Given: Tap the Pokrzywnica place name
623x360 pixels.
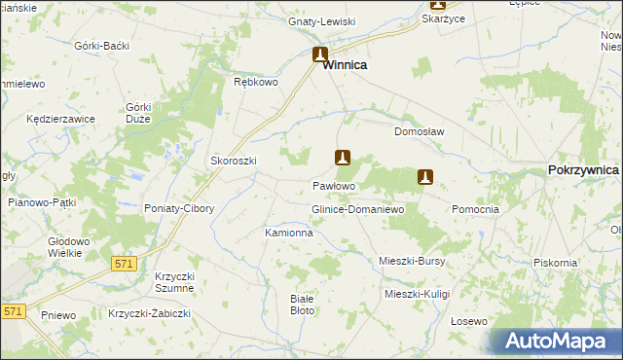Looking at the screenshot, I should coord(583,169).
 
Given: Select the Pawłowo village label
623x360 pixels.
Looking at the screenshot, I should coord(333,185).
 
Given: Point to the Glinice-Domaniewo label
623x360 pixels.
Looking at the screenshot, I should coord(357,210).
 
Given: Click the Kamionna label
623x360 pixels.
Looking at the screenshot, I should coord(289,234).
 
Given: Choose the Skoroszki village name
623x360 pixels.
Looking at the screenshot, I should coord(234,162).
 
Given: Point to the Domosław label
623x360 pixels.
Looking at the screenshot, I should coord(419,131).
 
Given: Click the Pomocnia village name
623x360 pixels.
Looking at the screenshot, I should coord(476,209).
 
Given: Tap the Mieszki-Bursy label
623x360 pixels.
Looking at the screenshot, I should coord(412,261).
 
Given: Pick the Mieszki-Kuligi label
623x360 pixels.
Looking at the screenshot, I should coord(419,293).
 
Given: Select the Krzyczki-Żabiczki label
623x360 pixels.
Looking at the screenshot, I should coord(150,313).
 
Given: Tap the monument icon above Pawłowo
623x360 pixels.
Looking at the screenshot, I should coord(343,157).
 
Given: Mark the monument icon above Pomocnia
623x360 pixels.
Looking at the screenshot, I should coord(424,177).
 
